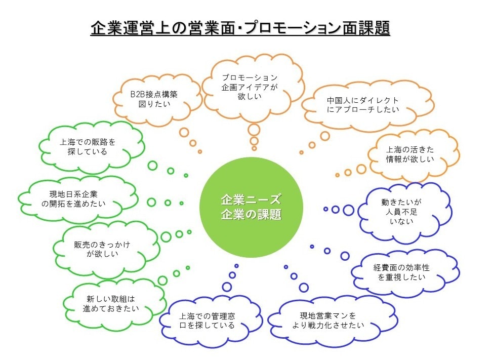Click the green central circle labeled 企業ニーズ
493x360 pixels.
click(x=251, y=208)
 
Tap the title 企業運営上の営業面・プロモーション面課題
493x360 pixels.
click(x=240, y=28)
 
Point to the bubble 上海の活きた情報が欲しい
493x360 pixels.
click(x=412, y=154)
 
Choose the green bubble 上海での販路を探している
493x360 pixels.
click(x=89, y=147)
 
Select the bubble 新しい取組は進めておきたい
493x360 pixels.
click(x=112, y=304)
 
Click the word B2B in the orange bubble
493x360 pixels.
click(x=137, y=94)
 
